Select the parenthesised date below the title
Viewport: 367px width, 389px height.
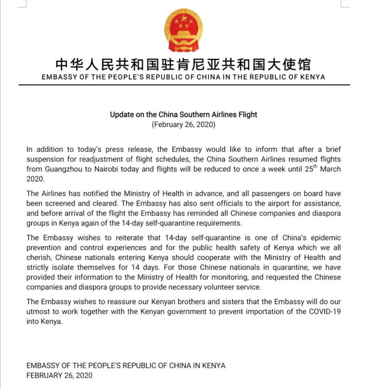183,124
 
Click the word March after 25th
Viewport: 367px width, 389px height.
330,169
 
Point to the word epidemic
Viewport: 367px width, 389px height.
323,238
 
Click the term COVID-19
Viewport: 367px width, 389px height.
322,312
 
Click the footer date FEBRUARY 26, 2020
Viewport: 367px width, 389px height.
59,375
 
